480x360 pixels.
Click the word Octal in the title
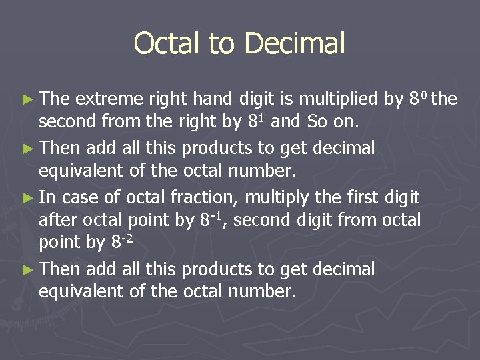click(x=167, y=44)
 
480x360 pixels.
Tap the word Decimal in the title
click(x=295, y=44)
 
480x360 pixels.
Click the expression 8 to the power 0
click(x=418, y=99)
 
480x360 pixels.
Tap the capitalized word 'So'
click(x=317, y=122)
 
